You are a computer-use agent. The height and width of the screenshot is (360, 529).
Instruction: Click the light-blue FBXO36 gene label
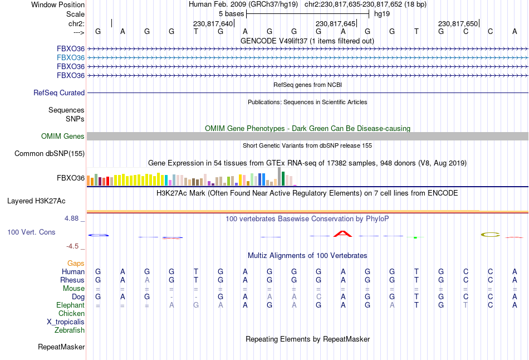71,57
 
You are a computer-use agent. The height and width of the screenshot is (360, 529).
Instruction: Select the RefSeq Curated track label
59,93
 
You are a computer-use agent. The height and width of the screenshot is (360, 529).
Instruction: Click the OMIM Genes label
63,137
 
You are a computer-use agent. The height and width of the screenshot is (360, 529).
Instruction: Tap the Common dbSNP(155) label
50,154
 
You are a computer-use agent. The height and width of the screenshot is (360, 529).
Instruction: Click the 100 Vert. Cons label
31,232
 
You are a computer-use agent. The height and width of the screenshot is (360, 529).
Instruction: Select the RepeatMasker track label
61,347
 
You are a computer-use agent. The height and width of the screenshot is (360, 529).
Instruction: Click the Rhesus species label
72,280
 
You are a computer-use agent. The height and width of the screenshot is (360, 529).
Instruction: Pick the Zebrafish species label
70,330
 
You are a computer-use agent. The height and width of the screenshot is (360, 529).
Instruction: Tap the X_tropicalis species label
66,322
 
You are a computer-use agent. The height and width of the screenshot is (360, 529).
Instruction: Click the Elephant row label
70,305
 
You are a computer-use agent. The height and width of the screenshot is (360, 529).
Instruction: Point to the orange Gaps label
76,263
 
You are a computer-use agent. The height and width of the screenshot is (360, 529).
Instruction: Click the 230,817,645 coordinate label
335,24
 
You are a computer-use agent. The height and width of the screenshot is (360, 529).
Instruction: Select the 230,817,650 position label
458,24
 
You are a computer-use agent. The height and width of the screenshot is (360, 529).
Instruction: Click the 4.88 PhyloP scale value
73,218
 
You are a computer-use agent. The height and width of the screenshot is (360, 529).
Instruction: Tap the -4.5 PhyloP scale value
75,246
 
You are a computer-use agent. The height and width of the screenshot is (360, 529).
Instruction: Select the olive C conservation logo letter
491,235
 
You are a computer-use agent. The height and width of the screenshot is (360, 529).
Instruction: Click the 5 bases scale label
231,13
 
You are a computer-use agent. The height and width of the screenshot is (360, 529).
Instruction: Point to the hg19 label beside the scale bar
382,13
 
